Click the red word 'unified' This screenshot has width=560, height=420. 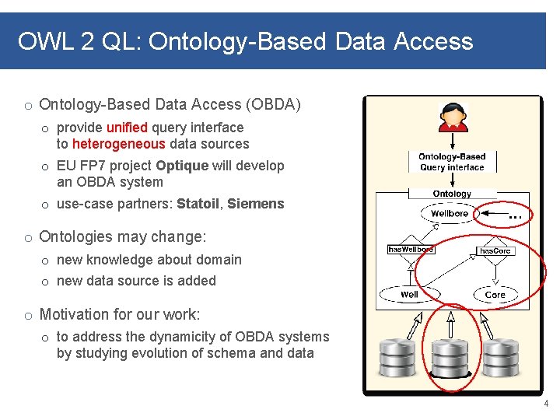(127, 128)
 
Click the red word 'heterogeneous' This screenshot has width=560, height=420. (118, 144)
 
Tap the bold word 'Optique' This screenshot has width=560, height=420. (182, 166)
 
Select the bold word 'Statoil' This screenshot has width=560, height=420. (198, 204)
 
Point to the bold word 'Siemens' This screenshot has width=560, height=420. (256, 204)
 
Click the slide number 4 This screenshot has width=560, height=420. (546, 404)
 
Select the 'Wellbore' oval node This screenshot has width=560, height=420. (450, 213)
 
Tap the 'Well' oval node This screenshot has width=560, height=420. (409, 294)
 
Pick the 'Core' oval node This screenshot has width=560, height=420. (495, 295)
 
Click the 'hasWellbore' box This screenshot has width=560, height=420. (411, 249)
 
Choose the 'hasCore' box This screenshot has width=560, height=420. (495, 250)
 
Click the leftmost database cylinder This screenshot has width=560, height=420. (398, 357)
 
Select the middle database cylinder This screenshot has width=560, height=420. (450, 359)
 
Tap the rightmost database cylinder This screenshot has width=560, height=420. (500, 357)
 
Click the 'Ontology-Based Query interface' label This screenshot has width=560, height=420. (452, 162)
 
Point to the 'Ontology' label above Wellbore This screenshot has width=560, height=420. (452, 194)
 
